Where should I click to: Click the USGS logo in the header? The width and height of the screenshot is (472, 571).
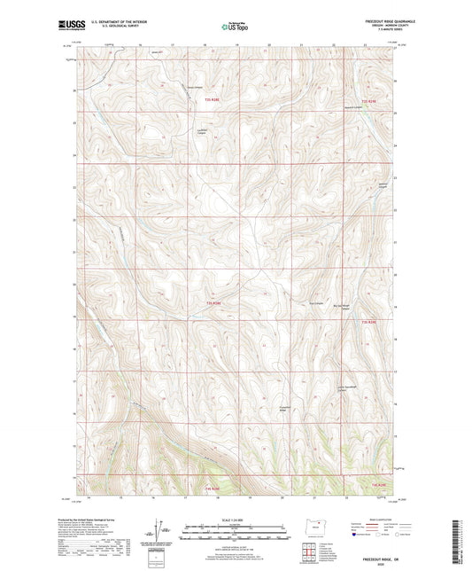point(66,26)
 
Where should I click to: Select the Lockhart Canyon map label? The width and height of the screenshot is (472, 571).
point(201,134)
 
